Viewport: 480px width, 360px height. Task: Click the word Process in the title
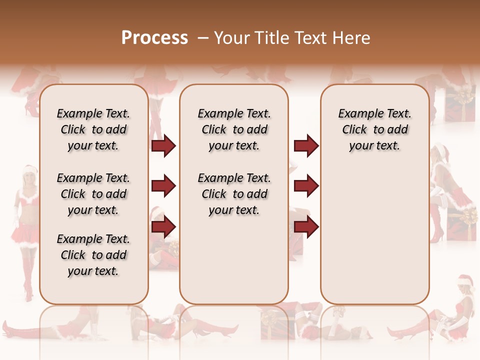coord(154,38)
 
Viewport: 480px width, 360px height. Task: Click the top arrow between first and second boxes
coord(163,145)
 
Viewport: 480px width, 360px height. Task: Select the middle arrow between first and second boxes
coord(163,186)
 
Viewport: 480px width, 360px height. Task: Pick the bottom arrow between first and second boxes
coord(163,227)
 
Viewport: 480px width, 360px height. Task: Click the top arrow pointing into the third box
coord(306,145)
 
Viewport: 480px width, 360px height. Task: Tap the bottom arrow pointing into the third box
coord(306,227)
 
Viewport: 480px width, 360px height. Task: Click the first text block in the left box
coord(93,129)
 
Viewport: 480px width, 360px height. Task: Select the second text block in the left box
coord(93,194)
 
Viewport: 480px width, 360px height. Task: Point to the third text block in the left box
coord(93,255)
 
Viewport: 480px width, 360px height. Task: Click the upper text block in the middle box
coord(234,129)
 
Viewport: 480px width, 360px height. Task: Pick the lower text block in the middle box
coord(234,194)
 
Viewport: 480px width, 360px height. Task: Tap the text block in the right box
coord(374,129)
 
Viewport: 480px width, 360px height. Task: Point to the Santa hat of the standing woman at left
coord(30,170)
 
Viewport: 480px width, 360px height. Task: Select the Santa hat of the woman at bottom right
coord(465,281)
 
